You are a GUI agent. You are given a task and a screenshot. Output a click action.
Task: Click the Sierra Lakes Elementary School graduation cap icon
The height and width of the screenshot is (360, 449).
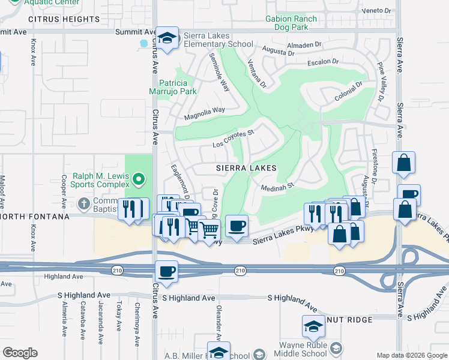(168, 38)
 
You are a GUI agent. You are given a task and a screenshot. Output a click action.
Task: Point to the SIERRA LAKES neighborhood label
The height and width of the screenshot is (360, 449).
(246, 169)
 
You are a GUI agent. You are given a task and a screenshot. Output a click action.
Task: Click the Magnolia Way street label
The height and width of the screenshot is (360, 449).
(204, 113)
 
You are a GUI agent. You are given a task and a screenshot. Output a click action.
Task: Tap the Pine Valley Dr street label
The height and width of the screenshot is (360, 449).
(379, 81)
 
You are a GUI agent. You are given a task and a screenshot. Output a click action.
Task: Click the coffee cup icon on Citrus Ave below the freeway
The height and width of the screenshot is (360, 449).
(166, 271)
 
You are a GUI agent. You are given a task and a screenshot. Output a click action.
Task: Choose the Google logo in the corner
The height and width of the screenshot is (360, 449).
(20, 353)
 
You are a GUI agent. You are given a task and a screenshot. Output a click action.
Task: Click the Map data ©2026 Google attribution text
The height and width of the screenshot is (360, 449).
(411, 355)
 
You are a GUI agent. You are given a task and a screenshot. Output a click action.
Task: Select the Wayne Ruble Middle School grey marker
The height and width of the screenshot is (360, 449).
(336, 348)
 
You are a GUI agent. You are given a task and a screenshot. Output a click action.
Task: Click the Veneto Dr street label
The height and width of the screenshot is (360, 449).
(378, 11)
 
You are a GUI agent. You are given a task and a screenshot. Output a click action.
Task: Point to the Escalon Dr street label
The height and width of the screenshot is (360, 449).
(324, 62)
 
